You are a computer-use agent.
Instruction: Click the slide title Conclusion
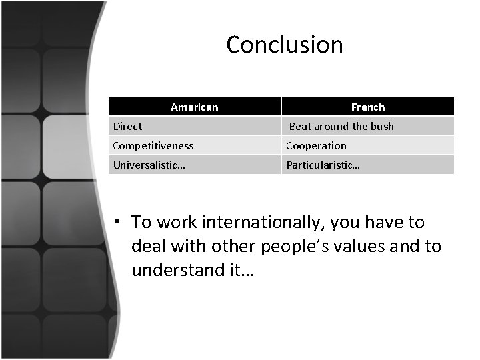point(285,45)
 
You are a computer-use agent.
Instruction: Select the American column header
point(194,107)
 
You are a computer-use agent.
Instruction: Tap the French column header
point(368,107)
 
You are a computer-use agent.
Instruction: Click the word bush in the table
point(383,126)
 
